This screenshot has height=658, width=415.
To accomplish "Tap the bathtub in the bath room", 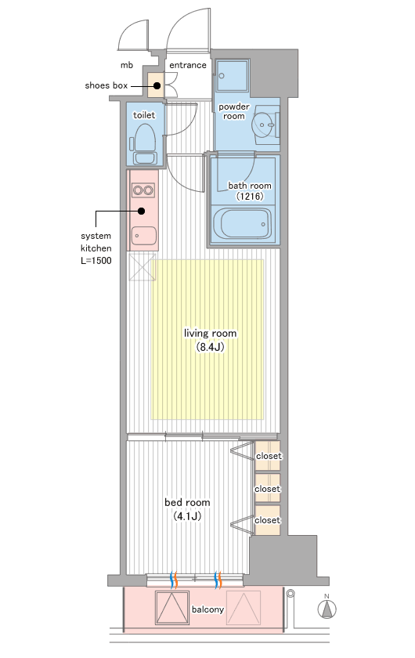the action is point(242,224).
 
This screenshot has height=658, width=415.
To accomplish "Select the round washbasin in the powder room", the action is point(264,125).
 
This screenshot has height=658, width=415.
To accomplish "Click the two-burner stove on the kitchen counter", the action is point(143,190).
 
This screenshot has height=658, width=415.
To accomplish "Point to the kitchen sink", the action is point(143,236).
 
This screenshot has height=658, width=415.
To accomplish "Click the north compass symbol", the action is point(327,606).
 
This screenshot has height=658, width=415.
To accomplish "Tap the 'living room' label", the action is point(210,333).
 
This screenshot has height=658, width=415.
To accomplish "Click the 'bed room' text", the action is point(187,502).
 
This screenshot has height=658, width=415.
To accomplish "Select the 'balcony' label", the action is point(207,609).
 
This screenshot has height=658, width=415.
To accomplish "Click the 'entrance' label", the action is point(188,65).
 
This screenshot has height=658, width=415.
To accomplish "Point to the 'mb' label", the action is point(127,65).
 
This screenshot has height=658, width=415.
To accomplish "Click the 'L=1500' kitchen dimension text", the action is point(96,261).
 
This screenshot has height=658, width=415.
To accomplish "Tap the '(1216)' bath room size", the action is point(250,196).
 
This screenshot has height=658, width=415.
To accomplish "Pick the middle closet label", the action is point(267,489).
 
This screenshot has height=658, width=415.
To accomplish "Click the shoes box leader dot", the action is point(157,85).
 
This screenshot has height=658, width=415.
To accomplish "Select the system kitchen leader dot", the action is point(142,211).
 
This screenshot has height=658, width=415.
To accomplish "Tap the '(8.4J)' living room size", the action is point(210,347).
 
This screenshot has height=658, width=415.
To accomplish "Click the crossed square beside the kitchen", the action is point(143,267).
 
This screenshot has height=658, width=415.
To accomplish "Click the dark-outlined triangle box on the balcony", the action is point(172,608).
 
